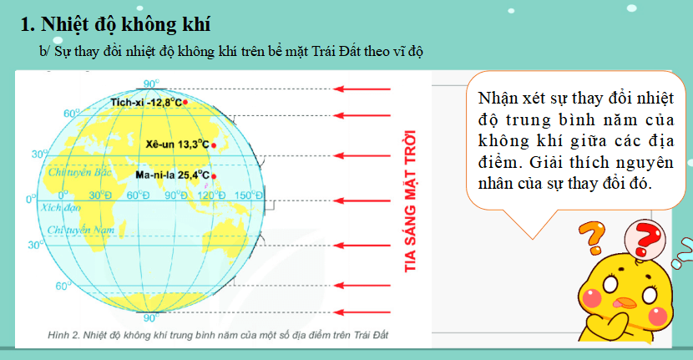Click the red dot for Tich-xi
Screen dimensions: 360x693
[x=185, y=102]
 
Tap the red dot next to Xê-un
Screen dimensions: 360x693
[x=214, y=145]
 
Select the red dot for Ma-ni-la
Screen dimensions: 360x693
[x=214, y=176]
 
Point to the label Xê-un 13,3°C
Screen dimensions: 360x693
[x=176, y=145]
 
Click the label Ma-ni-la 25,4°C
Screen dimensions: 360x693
[x=171, y=175]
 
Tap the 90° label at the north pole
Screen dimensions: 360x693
[x=150, y=84]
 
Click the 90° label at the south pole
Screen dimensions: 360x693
[x=150, y=318]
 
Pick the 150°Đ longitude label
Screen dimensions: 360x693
[x=248, y=195]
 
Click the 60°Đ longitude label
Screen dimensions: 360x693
[x=138, y=195]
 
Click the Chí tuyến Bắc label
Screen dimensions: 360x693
[x=79, y=172]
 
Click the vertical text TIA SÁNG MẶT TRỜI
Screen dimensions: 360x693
[x=410, y=200]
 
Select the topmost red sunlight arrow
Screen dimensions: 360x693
[x=362, y=89]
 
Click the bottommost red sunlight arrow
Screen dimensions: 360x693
[x=362, y=312]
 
